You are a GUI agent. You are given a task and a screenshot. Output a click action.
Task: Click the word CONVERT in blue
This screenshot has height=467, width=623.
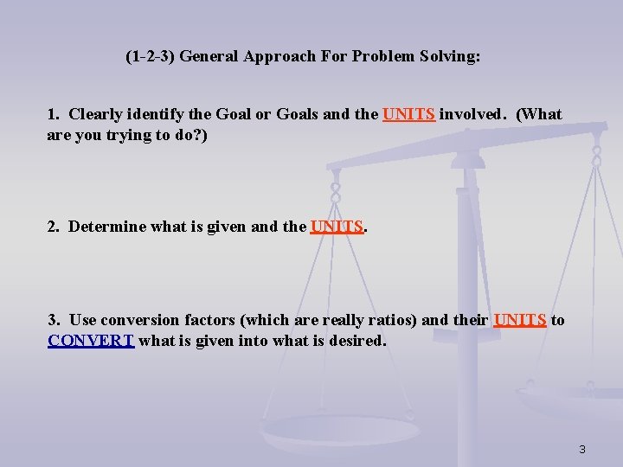(x=91, y=341)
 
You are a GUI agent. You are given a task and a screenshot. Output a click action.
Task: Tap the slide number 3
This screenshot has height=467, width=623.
(x=582, y=449)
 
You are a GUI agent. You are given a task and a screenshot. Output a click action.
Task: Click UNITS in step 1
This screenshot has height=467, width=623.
(x=408, y=114)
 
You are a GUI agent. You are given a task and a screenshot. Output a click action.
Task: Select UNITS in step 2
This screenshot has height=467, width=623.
(x=337, y=227)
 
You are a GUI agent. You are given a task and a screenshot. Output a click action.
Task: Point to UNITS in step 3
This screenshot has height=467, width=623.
(x=519, y=320)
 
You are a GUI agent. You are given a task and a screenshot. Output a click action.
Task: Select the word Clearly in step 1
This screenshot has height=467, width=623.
(x=95, y=114)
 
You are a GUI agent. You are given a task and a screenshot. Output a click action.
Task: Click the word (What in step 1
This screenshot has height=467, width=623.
(x=538, y=114)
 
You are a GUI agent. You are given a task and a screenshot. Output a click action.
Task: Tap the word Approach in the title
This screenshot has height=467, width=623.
(x=277, y=58)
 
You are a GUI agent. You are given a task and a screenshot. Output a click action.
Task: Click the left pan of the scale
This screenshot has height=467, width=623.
(x=338, y=432)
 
